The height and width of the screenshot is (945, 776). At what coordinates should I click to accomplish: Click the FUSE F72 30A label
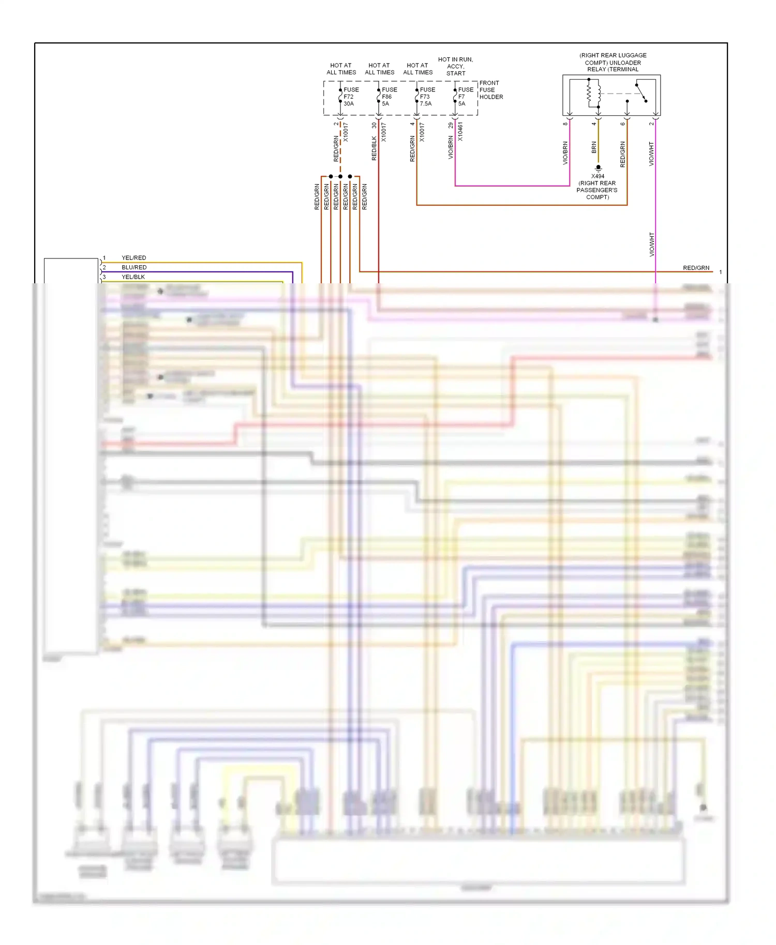point(351,97)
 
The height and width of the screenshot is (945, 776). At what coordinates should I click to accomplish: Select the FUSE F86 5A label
point(389,97)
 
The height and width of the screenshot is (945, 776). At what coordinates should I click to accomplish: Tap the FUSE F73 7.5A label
point(427,97)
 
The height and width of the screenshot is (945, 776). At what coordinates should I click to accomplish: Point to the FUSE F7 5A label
point(465,97)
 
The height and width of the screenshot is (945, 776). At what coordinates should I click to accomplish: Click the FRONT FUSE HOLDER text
point(490,90)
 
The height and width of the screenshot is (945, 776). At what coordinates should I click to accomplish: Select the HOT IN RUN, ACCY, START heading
point(456,66)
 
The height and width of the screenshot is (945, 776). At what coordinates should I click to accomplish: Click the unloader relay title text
point(613,62)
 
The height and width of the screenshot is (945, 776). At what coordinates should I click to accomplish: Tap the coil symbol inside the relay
point(593,94)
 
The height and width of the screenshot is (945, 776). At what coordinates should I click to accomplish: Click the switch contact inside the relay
point(641,93)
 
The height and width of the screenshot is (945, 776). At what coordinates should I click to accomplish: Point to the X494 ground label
point(598,176)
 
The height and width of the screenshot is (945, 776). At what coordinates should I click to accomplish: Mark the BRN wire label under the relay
point(594,148)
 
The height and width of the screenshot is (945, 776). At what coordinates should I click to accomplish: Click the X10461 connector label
point(460,132)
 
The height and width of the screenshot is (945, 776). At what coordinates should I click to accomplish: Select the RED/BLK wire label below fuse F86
point(374,148)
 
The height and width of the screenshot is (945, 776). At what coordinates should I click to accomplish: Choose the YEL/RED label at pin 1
point(134,258)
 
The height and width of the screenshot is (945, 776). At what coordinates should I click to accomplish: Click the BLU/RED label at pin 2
point(134,267)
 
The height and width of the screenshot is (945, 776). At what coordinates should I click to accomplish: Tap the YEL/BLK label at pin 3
point(133,277)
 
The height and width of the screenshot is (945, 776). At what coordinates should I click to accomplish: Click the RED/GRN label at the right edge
point(696,268)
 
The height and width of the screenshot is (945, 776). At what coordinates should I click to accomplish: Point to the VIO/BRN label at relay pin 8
point(565,154)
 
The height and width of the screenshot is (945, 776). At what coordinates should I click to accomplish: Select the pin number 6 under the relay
point(623,124)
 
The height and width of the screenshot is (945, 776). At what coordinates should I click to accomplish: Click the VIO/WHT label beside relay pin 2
point(651,154)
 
